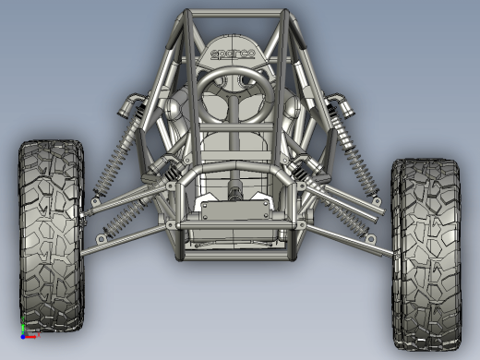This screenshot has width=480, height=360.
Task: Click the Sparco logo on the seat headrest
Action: click(233, 54)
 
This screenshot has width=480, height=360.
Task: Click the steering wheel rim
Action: click(234, 73)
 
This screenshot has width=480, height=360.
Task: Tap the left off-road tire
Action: click(52, 235)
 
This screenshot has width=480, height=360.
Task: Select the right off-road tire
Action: click(427, 254)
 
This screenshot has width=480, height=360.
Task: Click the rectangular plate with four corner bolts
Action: click(234, 210)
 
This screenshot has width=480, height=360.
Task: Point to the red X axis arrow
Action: click(30, 337)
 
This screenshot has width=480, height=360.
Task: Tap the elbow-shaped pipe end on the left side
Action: click(129, 104)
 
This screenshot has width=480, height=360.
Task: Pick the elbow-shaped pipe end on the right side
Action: click(340, 104)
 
